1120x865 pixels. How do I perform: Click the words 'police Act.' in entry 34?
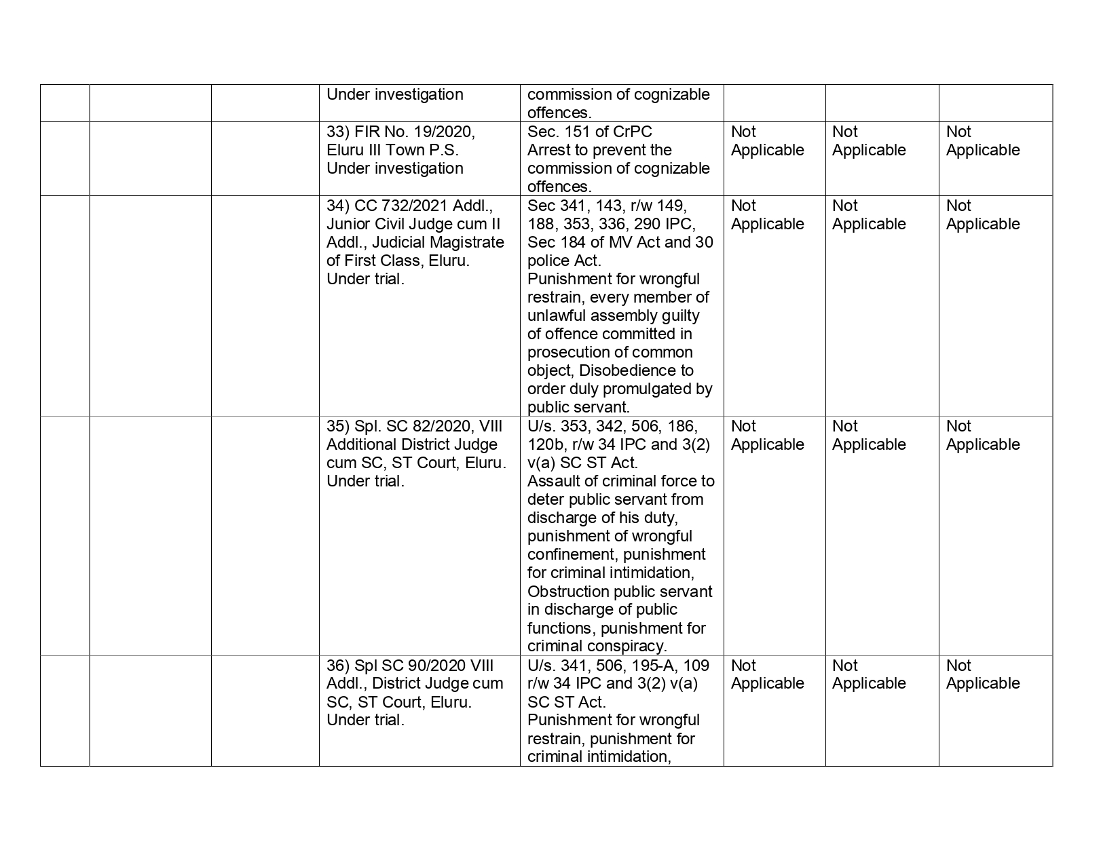[563, 261]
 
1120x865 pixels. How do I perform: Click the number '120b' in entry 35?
[544, 444]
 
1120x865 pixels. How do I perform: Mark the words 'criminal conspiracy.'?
[597, 646]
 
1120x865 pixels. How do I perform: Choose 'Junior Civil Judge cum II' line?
[413, 224]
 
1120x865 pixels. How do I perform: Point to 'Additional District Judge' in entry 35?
[411, 444]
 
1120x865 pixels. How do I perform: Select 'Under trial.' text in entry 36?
[365, 720]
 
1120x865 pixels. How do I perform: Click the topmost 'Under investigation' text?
[394, 94]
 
